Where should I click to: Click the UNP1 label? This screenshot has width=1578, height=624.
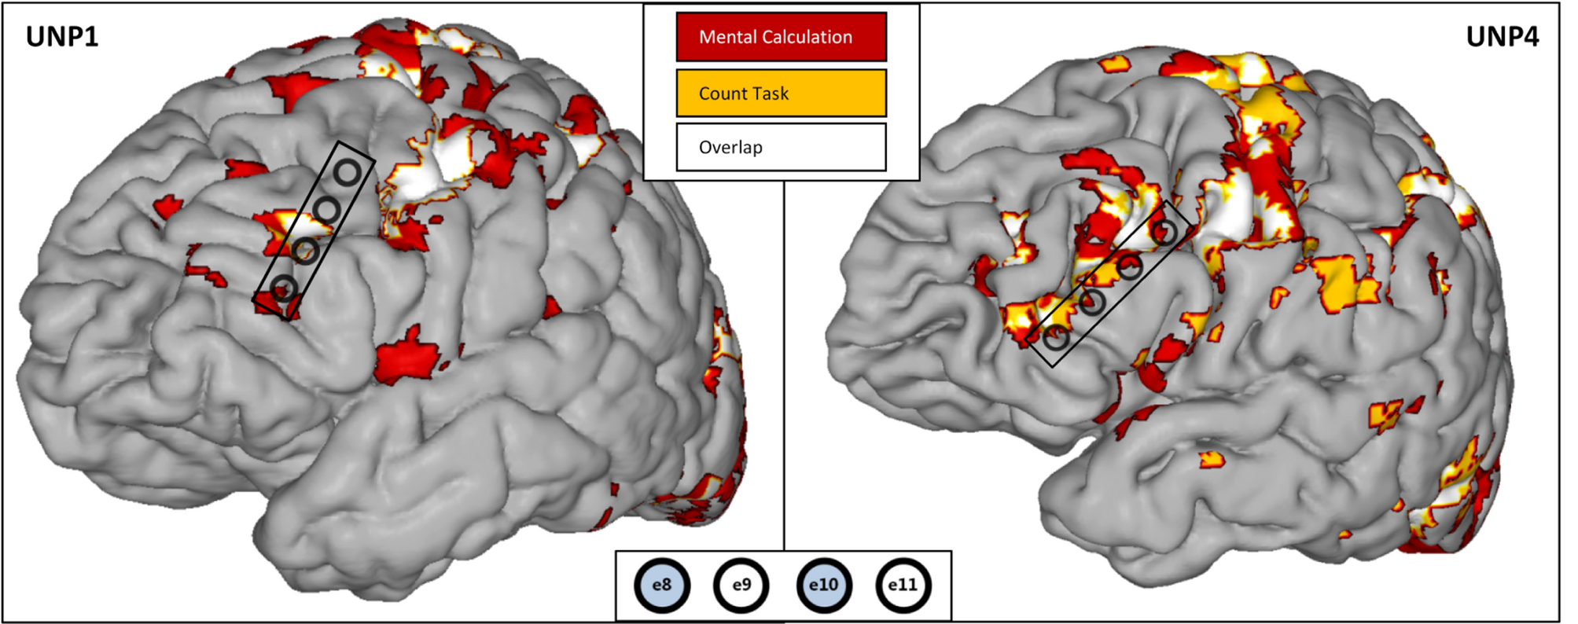click(62, 37)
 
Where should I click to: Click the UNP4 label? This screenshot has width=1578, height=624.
click(1502, 37)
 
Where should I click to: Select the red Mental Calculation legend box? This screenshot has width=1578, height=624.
click(781, 37)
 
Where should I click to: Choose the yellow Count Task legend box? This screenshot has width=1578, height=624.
click(781, 93)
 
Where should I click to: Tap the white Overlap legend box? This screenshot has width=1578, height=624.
click(781, 147)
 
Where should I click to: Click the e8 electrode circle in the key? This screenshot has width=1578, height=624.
click(662, 585)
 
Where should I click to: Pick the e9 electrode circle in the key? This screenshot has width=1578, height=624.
click(741, 585)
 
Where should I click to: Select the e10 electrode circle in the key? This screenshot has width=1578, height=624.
click(823, 585)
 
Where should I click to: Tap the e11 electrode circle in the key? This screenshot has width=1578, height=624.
click(903, 585)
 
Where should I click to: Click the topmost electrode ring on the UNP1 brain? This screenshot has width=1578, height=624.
click(347, 172)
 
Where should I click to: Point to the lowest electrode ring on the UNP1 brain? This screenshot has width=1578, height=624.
click(284, 288)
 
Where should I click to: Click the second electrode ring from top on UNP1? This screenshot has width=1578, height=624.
click(327, 210)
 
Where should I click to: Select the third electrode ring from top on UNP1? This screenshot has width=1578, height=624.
click(305, 251)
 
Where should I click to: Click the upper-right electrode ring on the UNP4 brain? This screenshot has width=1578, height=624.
click(1164, 232)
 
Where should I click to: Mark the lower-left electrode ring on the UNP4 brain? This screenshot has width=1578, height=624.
click(1056, 337)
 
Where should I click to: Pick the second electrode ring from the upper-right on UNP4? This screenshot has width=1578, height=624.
click(1130, 267)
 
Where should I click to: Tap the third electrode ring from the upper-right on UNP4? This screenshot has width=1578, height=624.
click(1092, 302)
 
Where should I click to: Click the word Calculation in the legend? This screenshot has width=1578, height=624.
click(807, 37)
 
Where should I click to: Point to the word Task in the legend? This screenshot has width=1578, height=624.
click(772, 94)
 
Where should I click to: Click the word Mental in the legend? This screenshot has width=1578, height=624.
click(726, 37)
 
